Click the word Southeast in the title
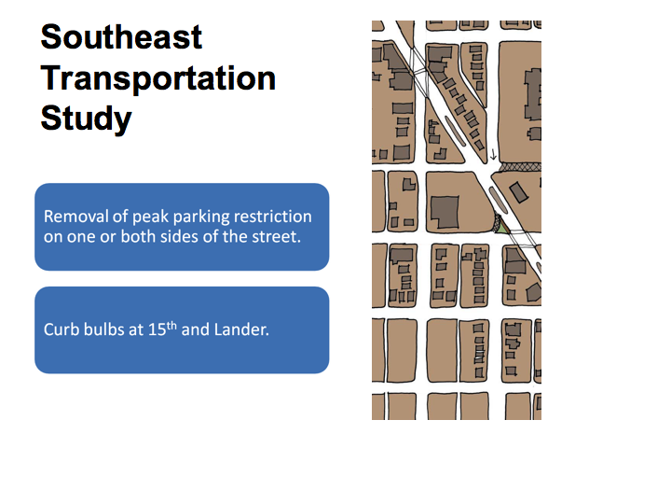121,36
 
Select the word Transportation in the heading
158,78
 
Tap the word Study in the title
86,119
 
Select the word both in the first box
137,236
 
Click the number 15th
162,329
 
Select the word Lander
241,329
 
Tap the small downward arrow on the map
493,154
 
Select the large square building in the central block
445,212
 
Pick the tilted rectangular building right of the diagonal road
519,192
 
